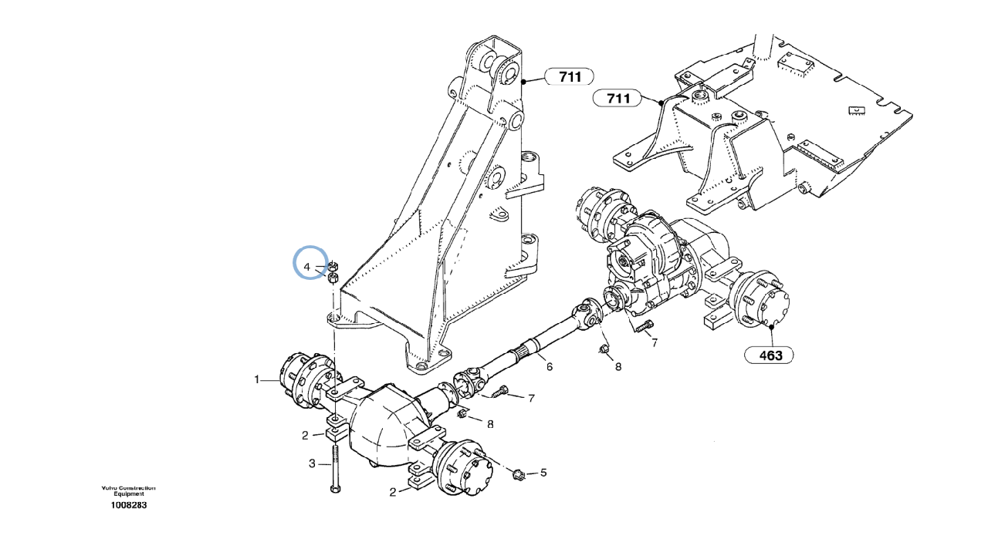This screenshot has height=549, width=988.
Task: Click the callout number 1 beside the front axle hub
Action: pyautogui.click(x=256, y=379)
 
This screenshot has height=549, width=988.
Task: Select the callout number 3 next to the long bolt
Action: pyautogui.click(x=313, y=463)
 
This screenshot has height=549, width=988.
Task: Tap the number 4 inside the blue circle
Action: pyautogui.click(x=306, y=268)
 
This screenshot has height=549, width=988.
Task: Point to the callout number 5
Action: pyautogui.click(x=543, y=472)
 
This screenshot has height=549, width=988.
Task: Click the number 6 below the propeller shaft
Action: pyautogui.click(x=550, y=367)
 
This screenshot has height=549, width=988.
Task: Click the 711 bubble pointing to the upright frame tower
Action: pyautogui.click(x=570, y=76)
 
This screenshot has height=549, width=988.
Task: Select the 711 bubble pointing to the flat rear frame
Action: pyautogui.click(x=618, y=99)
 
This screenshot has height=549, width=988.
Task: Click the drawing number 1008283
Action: pyautogui.click(x=128, y=506)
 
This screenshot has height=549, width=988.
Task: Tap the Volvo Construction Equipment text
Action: pyautogui.click(x=128, y=490)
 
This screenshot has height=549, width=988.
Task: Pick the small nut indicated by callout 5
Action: pyautogui.click(x=519, y=472)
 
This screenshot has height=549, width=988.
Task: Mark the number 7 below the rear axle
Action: pyautogui.click(x=654, y=342)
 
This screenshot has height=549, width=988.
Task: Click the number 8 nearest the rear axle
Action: pyautogui.click(x=618, y=367)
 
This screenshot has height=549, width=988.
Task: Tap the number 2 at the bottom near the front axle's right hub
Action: pyautogui.click(x=393, y=492)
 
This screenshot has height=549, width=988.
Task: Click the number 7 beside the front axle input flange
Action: pyautogui.click(x=531, y=399)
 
